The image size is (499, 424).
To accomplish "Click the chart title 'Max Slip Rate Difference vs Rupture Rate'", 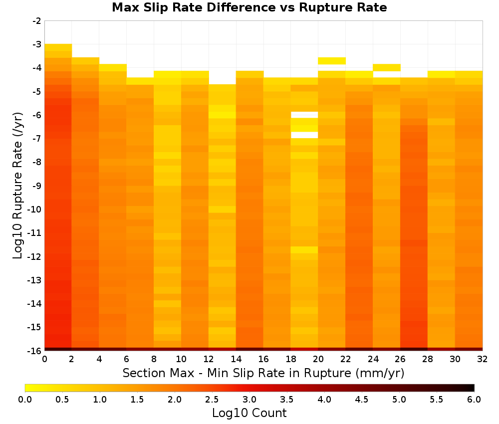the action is (x=249, y=7).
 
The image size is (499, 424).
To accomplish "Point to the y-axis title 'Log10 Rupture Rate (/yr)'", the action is (x=18, y=186).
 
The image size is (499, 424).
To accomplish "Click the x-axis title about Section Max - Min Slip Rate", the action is (x=263, y=373).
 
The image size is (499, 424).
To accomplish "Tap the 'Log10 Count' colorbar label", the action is (x=249, y=413).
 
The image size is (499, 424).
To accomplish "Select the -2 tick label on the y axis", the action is (x=36, y=21).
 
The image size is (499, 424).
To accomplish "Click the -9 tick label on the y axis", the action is (x=36, y=186).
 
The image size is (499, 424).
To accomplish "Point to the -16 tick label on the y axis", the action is (x=34, y=351).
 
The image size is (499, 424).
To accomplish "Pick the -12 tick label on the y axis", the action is (x=34, y=257).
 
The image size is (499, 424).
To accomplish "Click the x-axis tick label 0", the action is (x=44, y=359).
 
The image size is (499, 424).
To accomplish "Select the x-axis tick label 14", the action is (x=236, y=359).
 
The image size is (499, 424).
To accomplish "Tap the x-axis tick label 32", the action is (x=482, y=359).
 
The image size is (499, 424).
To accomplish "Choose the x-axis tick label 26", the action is (x=400, y=359).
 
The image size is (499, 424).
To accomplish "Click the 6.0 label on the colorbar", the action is (x=474, y=400).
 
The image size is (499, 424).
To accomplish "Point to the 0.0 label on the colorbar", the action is (x=25, y=400).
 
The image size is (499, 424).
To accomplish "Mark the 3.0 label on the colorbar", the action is (x=249, y=400).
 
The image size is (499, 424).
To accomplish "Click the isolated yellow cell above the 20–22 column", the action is (x=332, y=61).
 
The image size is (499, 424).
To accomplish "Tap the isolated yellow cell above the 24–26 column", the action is (x=386, y=67).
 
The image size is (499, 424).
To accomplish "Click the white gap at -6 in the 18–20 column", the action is (x=304, y=115).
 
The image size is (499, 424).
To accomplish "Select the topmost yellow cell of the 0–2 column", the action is (x=58, y=47).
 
